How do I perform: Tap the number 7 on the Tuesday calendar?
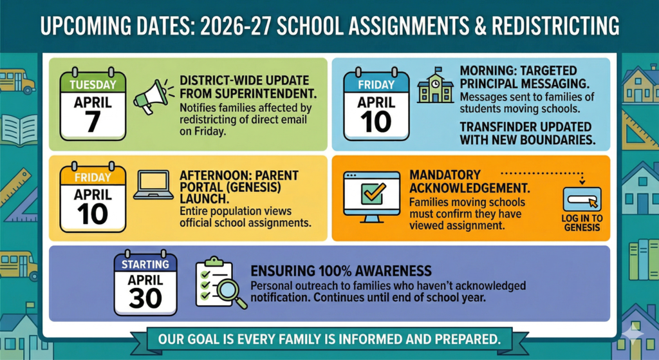(x=93, y=122)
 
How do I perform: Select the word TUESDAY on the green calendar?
(x=93, y=84)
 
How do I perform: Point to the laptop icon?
(x=153, y=185)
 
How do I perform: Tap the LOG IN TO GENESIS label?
(x=582, y=223)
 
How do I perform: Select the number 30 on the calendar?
(x=145, y=298)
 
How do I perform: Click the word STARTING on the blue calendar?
(x=145, y=264)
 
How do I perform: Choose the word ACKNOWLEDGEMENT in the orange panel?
(x=469, y=187)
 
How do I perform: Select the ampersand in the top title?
(x=481, y=26)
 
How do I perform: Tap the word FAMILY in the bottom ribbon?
(x=313, y=339)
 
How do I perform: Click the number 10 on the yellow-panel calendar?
(x=93, y=214)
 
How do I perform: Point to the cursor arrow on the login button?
(x=593, y=203)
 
